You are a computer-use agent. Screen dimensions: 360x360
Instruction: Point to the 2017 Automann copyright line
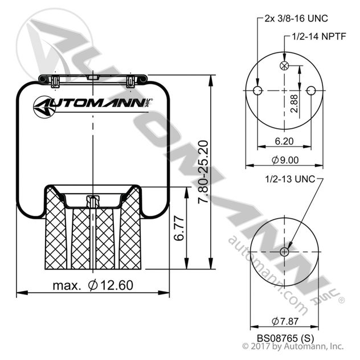tap(293, 346)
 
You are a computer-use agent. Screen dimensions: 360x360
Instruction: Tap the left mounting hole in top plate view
tap(257, 91)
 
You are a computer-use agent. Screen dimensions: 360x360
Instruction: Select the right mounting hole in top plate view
tap(311, 91)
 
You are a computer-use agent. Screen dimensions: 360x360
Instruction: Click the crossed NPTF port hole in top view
tap(284, 66)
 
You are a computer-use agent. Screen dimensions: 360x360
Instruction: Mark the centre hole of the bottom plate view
tap(284, 252)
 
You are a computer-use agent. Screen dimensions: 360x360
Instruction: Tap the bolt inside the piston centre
tap(92, 202)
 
